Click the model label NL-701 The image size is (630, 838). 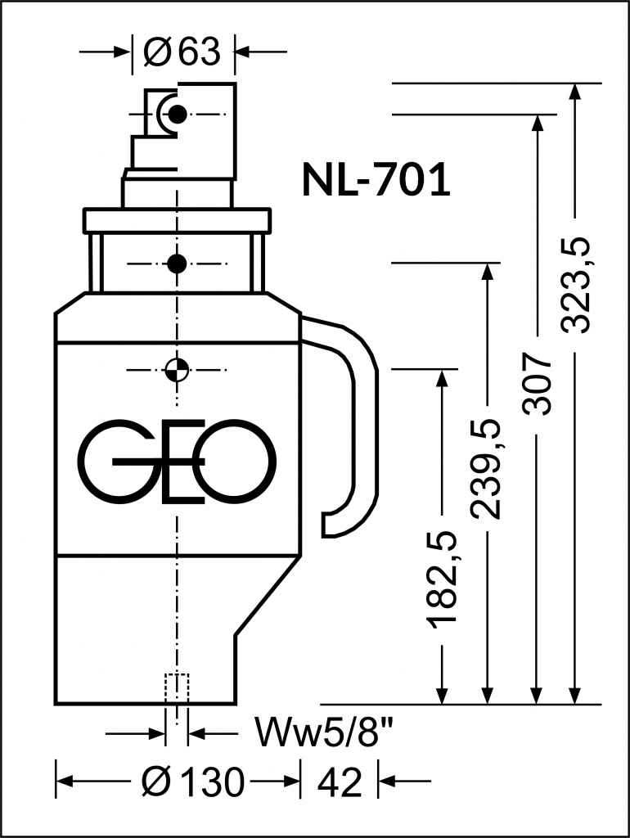376,179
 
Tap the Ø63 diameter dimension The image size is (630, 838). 182,52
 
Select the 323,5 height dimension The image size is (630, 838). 575,286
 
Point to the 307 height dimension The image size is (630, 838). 537,382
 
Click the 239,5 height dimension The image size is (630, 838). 486,469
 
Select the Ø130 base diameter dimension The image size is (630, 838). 193,782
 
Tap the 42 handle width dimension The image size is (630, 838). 340,782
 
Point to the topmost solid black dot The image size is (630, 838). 177,113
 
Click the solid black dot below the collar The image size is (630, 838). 177,264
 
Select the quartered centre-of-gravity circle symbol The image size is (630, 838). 177,369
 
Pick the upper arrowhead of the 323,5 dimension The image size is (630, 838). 575,92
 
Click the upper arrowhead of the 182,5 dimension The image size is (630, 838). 441,378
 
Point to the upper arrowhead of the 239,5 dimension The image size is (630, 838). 486,272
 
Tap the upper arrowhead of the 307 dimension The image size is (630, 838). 537,123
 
